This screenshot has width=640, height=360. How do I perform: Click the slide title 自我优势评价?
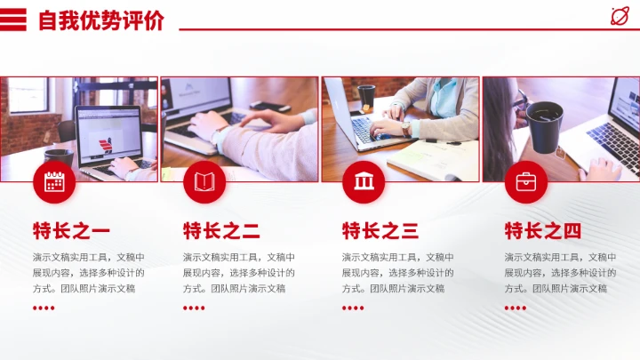point(100,20)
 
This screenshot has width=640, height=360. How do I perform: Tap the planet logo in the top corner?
point(619,16)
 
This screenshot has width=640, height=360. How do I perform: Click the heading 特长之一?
point(71,232)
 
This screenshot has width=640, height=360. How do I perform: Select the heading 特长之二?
point(221,232)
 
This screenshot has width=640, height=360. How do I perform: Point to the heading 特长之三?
point(380,232)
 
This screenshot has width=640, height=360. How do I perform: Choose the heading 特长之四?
point(543,232)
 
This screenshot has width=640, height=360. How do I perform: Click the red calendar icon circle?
point(54,182)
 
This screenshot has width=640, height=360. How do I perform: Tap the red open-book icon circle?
point(204,182)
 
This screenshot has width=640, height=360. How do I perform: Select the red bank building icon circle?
point(364,182)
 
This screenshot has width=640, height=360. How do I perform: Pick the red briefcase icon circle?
point(526,182)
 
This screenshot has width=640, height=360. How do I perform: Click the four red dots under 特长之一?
point(44,308)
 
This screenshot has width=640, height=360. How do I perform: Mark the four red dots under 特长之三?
point(353,308)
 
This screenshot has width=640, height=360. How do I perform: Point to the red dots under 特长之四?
point(516,308)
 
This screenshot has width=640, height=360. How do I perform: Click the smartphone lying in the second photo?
point(269,107)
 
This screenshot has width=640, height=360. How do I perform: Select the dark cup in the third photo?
point(366,95)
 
